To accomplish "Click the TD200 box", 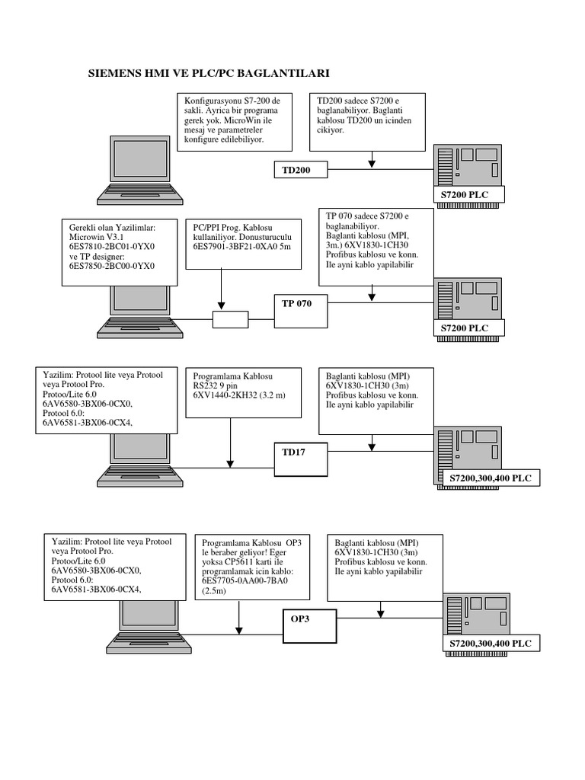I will click(x=301, y=169).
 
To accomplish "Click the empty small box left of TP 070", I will click(x=230, y=320).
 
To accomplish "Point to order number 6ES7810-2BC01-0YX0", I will click(x=110, y=248).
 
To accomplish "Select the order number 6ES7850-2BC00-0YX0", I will click(x=110, y=267).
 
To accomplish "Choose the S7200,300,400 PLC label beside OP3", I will click(x=491, y=644).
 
